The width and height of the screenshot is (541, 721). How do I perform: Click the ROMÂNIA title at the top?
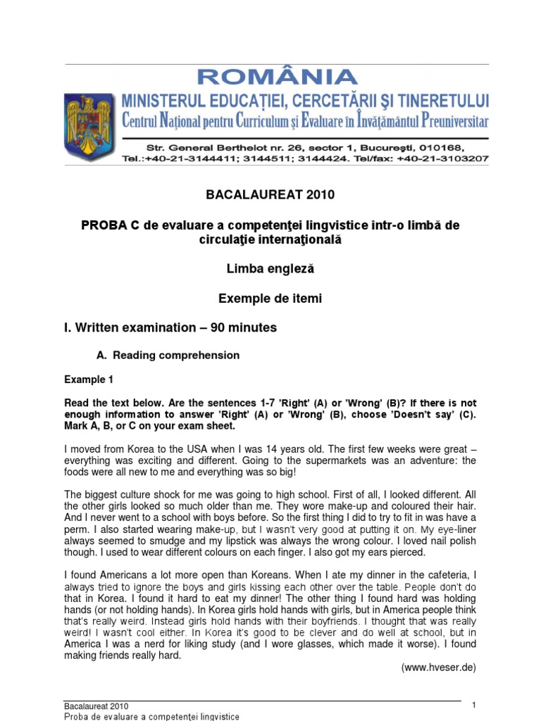[x=278, y=77]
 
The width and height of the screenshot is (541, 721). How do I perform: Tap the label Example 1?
[x=89, y=380]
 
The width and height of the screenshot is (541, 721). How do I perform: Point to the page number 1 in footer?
[x=474, y=706]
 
